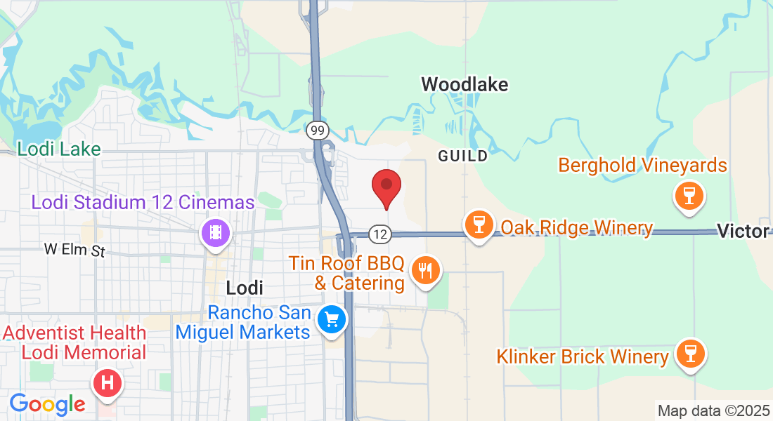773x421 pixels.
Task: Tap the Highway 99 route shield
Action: pyautogui.click(x=318, y=130)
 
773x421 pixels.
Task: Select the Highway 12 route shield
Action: pyautogui.click(x=380, y=235)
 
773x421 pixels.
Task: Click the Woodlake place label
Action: pyautogui.click(x=465, y=85)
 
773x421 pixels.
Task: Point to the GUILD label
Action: pyautogui.click(x=462, y=156)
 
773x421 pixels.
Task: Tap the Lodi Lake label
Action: pyautogui.click(x=59, y=149)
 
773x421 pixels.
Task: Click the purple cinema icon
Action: pyautogui.click(x=216, y=232)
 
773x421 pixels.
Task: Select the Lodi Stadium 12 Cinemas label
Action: pyautogui.click(x=143, y=203)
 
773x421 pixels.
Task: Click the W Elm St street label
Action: pyautogui.click(x=74, y=250)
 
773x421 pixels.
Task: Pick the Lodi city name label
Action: pyautogui.click(x=245, y=287)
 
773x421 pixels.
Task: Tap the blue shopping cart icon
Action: pyautogui.click(x=332, y=320)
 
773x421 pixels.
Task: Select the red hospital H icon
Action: pyautogui.click(x=108, y=383)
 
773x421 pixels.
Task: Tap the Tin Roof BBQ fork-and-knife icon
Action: pyautogui.click(x=425, y=269)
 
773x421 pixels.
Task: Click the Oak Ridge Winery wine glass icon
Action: pyautogui.click(x=479, y=225)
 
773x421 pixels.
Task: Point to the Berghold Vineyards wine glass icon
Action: pyautogui.click(x=689, y=195)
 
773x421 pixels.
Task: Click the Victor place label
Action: pyautogui.click(x=743, y=231)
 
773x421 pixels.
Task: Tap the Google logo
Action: pyautogui.click(x=47, y=403)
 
